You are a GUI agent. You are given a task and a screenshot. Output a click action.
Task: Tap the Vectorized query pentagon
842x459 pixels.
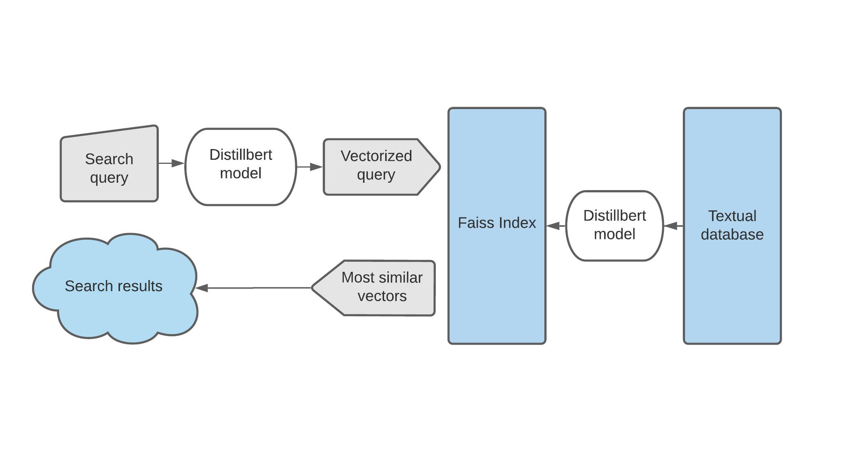376,166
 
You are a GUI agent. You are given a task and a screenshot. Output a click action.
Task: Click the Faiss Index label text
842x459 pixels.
497,223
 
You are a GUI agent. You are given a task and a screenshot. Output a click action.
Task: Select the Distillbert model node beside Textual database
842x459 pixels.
614,225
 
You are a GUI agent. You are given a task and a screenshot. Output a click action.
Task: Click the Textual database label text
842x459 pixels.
732,225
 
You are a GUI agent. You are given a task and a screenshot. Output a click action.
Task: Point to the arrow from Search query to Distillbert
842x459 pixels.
171,163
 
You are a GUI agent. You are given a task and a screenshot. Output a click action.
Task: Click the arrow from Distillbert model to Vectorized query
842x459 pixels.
310,167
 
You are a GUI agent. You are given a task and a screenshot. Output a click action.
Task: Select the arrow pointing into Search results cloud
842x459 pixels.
253,288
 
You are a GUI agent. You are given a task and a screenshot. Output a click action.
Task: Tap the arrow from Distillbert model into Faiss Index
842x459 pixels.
555,226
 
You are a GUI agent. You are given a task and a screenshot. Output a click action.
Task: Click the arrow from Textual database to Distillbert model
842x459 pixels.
673,226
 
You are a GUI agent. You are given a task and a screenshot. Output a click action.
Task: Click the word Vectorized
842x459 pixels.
376,156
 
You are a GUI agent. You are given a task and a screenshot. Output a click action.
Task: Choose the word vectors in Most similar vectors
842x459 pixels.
382,296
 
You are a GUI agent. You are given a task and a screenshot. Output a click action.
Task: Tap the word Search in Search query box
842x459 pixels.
109,159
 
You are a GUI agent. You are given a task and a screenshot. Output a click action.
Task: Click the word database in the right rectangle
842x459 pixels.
732,235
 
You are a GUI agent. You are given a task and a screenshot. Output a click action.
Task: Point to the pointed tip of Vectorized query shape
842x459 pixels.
439,167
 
